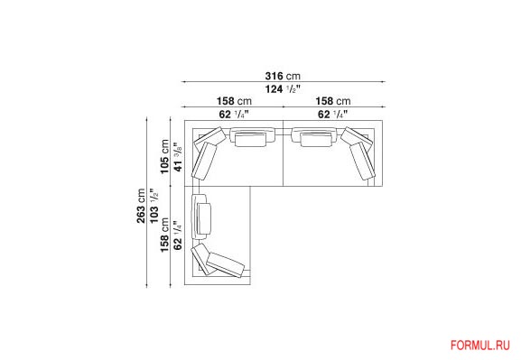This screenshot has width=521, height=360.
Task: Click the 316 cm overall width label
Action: tap(283, 76)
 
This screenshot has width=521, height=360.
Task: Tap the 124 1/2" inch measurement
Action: tap(283, 89)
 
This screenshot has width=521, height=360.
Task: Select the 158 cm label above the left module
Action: tap(234, 101)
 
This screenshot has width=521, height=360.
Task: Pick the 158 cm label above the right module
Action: tap(333, 101)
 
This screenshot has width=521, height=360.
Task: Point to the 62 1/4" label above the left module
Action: tap(234, 115)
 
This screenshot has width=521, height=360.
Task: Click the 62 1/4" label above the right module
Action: tap(333, 115)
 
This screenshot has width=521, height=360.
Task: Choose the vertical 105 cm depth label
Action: tap(165, 156)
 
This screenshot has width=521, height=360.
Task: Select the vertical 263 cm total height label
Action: tap(141, 206)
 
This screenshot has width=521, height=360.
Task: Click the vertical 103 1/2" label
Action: tap(154, 206)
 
